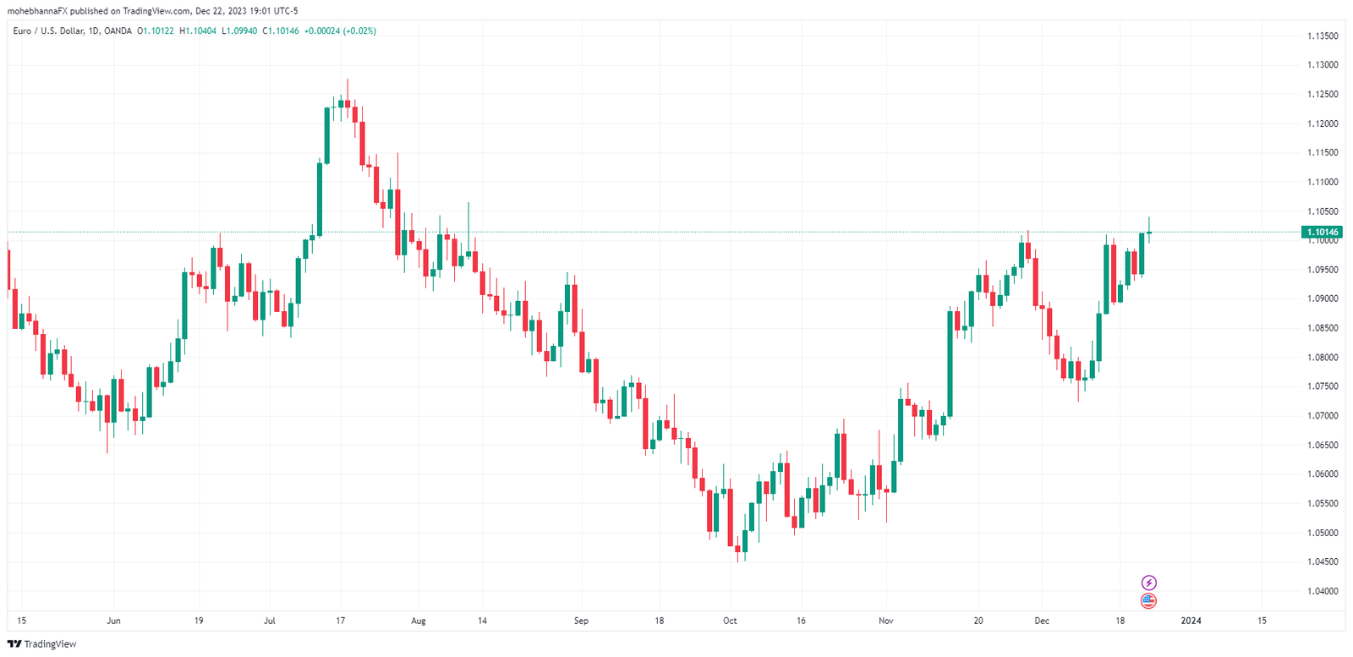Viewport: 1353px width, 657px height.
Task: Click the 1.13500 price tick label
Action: click(x=1323, y=36)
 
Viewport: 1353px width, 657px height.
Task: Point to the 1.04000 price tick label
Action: click(x=1323, y=591)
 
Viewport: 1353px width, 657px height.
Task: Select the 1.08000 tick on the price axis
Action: click(x=1323, y=358)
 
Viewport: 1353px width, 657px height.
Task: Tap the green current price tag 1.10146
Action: click(x=1323, y=232)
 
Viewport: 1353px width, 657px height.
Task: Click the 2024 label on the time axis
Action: click(x=1191, y=621)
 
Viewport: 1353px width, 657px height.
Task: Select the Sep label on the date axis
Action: click(x=581, y=621)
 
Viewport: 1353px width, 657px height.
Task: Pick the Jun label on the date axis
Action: click(x=113, y=621)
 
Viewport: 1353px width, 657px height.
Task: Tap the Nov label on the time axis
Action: click(x=885, y=621)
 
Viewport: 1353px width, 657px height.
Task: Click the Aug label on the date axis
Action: click(x=418, y=621)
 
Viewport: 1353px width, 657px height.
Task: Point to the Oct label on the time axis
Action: click(x=730, y=621)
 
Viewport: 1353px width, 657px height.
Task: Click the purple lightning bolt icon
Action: click(x=1148, y=583)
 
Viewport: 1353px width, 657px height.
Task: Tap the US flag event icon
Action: click(x=1148, y=601)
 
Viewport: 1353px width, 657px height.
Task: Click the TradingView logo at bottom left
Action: click(x=41, y=644)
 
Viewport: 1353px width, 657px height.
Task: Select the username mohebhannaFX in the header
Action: click(x=37, y=11)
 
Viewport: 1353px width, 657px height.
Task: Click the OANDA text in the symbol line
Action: click(x=119, y=31)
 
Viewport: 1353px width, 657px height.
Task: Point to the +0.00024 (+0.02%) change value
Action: click(x=340, y=31)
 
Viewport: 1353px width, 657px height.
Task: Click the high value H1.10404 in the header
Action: click(x=198, y=31)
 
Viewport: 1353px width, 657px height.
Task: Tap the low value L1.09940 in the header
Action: click(x=239, y=31)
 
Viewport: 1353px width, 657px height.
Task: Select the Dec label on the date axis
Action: click(x=1042, y=621)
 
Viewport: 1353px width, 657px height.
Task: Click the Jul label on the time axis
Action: click(x=269, y=621)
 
